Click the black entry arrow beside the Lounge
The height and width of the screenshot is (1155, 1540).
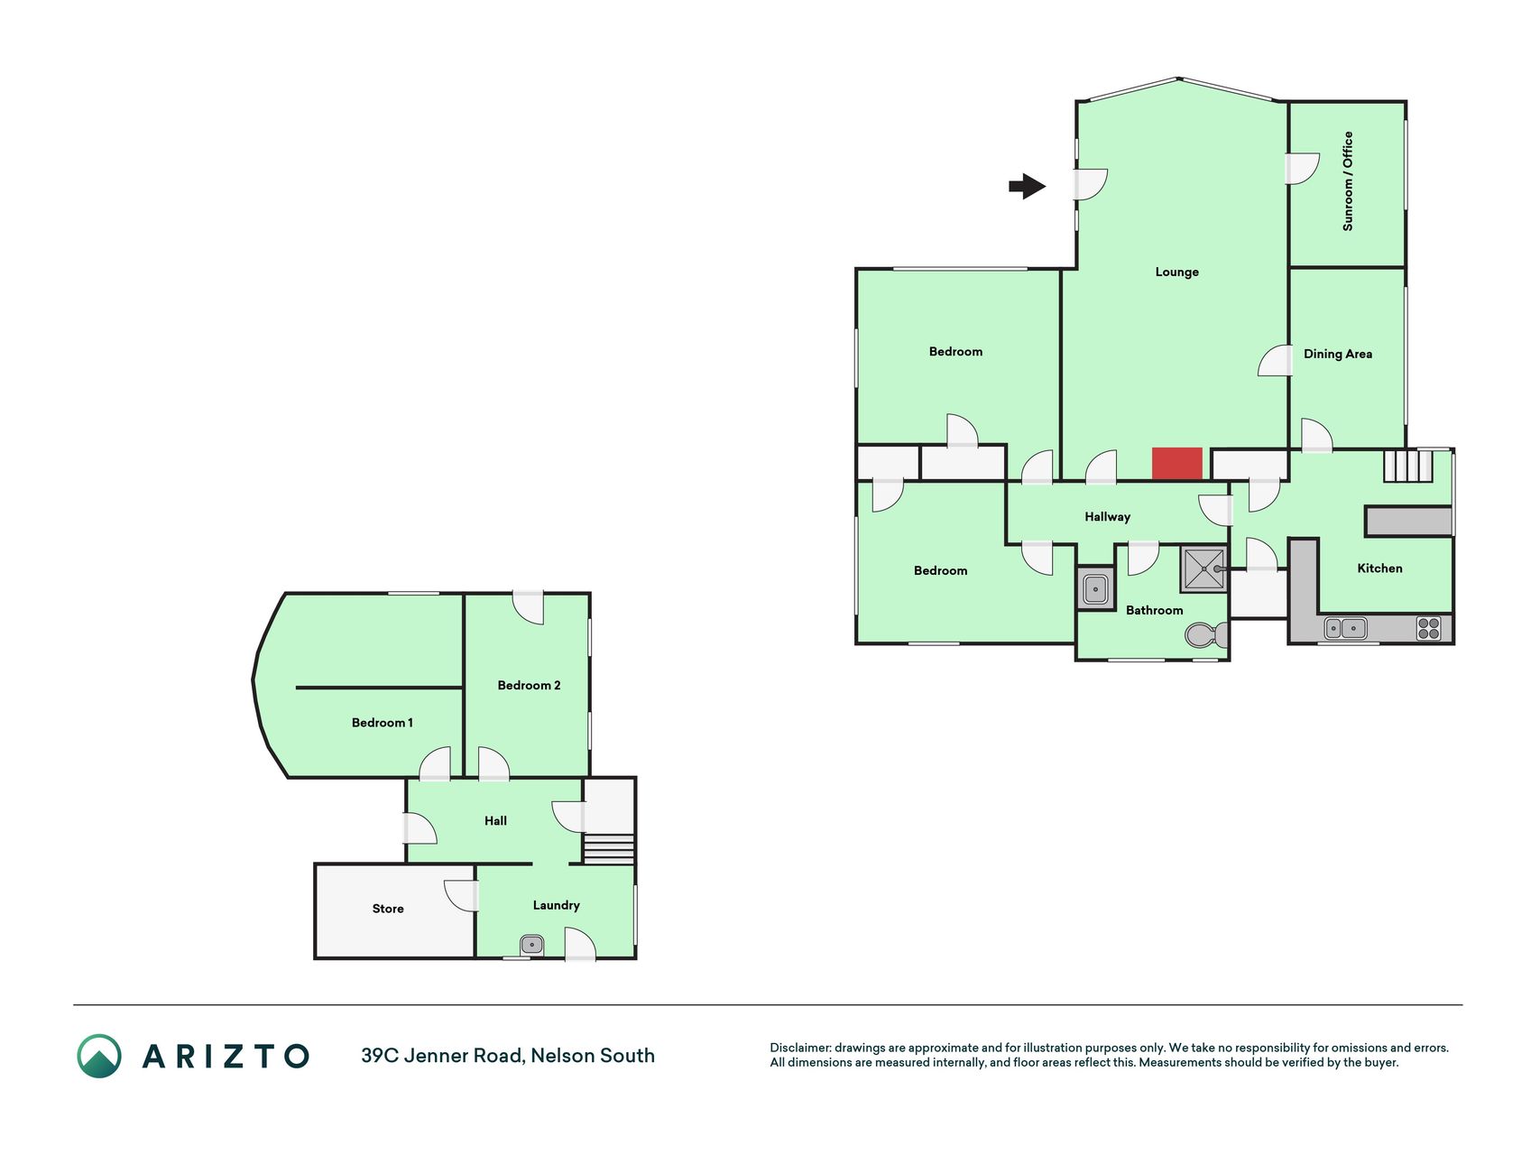(x=1028, y=187)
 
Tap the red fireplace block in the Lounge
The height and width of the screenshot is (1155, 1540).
(x=1177, y=464)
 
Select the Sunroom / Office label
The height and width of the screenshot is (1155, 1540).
(x=1348, y=181)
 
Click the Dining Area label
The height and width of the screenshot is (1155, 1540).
(x=1338, y=354)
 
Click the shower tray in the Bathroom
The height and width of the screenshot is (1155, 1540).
(x=1204, y=568)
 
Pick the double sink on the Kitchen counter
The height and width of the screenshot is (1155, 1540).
(x=1345, y=628)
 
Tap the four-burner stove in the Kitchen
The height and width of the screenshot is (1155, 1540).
(x=1428, y=628)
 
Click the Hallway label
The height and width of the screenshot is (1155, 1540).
(x=1107, y=517)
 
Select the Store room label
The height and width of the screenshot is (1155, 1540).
(x=388, y=909)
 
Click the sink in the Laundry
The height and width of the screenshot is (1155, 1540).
(x=531, y=945)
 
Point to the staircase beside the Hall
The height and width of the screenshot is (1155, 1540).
(x=609, y=849)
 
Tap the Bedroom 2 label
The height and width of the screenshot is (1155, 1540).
(x=529, y=686)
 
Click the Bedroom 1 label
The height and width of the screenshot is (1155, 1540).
(x=382, y=723)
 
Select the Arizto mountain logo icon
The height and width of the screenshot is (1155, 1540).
(x=99, y=1056)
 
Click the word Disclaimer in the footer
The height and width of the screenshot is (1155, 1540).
(x=799, y=1048)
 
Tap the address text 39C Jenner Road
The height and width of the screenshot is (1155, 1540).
(x=441, y=1056)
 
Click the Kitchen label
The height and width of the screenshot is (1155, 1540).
(x=1379, y=568)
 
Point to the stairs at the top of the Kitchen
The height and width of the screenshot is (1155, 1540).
(x=1408, y=466)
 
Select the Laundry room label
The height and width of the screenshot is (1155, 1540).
(x=556, y=906)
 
